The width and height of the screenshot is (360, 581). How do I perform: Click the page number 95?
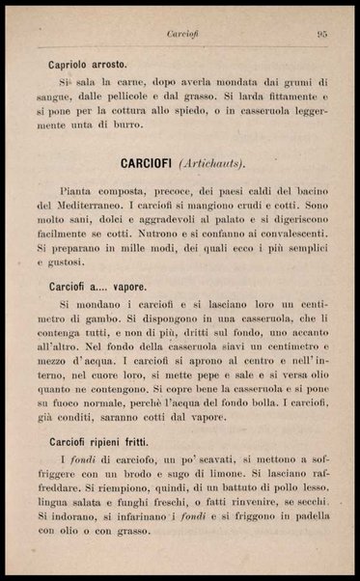(323, 34)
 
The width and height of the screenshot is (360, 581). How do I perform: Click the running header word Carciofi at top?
(182, 34)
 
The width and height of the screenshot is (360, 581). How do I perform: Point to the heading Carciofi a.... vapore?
(97, 287)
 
